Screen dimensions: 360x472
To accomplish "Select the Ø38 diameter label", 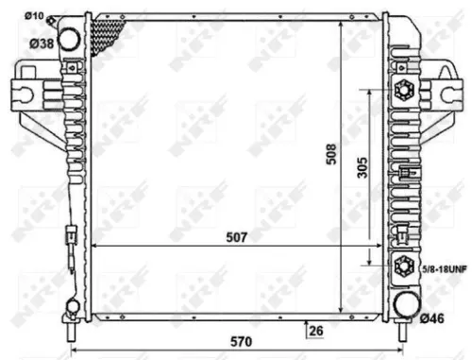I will (x=38, y=43).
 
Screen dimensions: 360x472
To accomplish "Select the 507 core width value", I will (x=236, y=238).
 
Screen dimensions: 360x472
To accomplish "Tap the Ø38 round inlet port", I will (x=69, y=39).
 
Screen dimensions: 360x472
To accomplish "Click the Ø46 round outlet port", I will (x=404, y=304).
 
